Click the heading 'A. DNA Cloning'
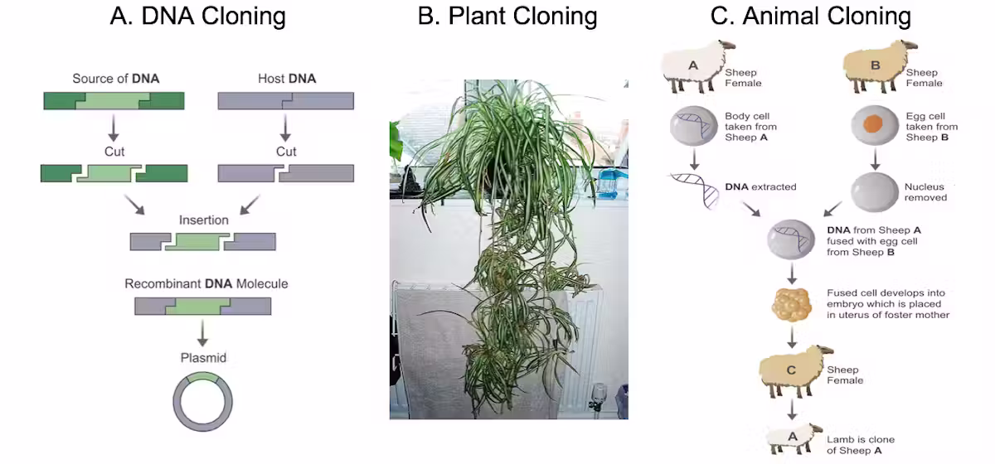click(197, 17)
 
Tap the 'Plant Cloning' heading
click(507, 17)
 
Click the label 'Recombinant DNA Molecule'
click(206, 283)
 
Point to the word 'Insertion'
click(203, 220)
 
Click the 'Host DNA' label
click(287, 79)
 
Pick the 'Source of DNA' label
click(115, 79)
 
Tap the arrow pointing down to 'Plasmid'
click(202, 332)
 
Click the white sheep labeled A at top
click(696, 66)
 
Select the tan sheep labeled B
click(878, 66)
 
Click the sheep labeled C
click(794, 371)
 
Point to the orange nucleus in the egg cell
click(872, 124)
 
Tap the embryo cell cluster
click(792, 305)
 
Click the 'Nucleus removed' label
click(925, 192)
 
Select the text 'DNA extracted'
click(760, 187)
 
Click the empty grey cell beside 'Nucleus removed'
click(874, 192)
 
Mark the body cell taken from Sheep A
click(693, 126)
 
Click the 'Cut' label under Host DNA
click(286, 152)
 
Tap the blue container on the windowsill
click(613, 183)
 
